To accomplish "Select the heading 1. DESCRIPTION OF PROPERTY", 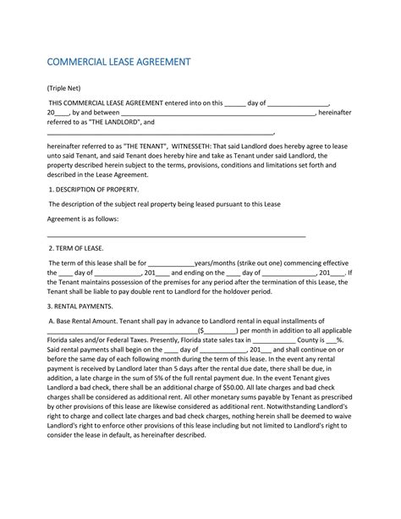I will [93, 190].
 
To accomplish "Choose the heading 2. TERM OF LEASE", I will [76, 249].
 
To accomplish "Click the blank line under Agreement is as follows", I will [176, 235].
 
